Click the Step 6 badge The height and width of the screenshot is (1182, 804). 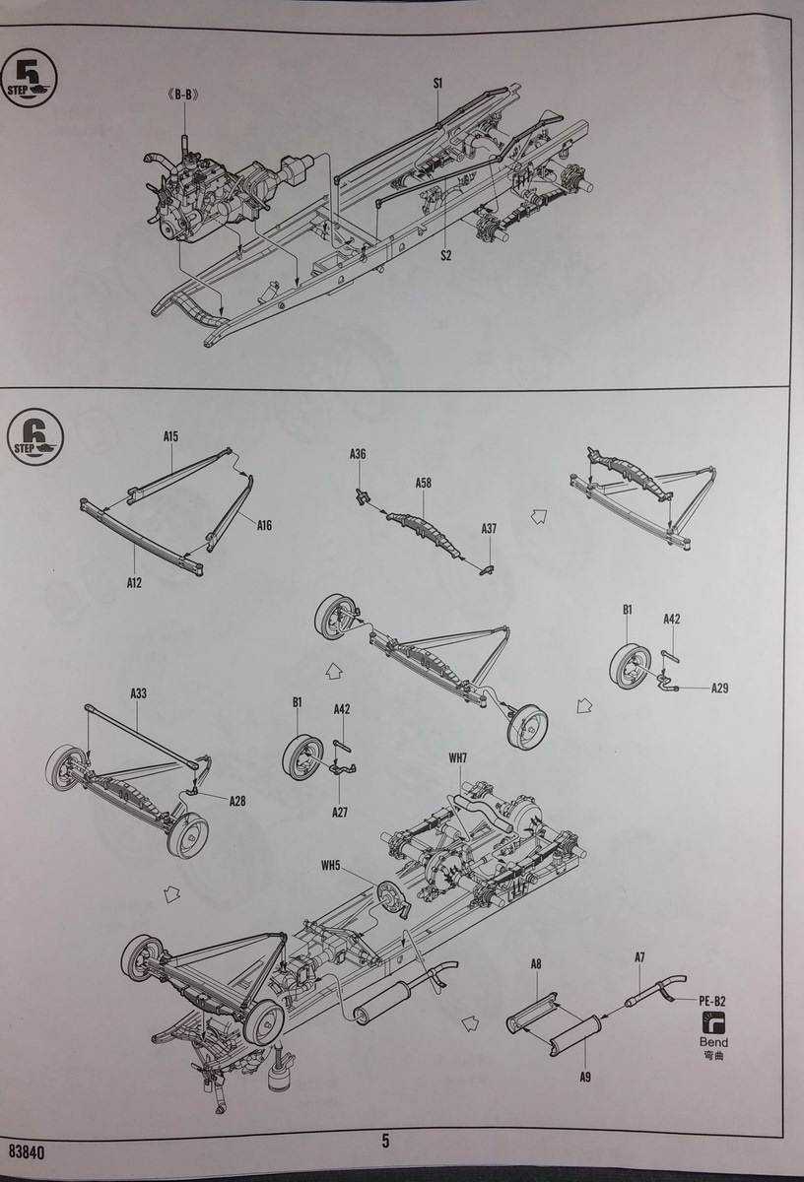38,434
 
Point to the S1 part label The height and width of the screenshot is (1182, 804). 438,84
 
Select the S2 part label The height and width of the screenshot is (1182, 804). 445,256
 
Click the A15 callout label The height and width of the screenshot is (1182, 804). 170,435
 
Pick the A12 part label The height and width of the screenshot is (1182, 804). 134,583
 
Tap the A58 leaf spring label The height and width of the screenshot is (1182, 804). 424,484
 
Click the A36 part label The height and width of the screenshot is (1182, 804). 358,454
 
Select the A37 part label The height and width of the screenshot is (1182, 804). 489,529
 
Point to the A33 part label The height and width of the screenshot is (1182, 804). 138,694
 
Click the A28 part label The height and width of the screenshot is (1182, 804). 237,801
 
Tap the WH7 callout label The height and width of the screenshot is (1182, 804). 458,757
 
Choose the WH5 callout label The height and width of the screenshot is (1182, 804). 329,867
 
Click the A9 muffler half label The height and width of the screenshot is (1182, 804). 585,1078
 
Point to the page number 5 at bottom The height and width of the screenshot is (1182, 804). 385,1142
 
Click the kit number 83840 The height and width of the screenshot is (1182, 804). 27,1150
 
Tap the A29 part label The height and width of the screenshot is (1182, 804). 720,688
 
